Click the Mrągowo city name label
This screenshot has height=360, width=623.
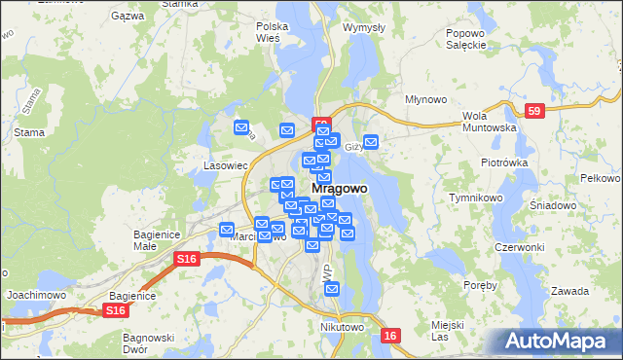(x=339, y=189)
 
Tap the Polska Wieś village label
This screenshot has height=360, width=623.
(x=274, y=32)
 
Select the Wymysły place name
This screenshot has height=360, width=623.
(x=365, y=28)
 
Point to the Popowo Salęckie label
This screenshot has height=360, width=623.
(x=465, y=39)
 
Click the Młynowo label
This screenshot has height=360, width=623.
(x=425, y=99)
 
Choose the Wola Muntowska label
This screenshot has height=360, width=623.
(x=488, y=121)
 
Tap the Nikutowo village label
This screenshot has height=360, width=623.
(x=342, y=328)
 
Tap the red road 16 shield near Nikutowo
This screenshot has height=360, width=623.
(x=390, y=335)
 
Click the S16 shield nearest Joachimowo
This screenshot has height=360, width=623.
(x=115, y=310)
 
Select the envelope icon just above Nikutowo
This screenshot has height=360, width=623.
(x=332, y=290)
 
